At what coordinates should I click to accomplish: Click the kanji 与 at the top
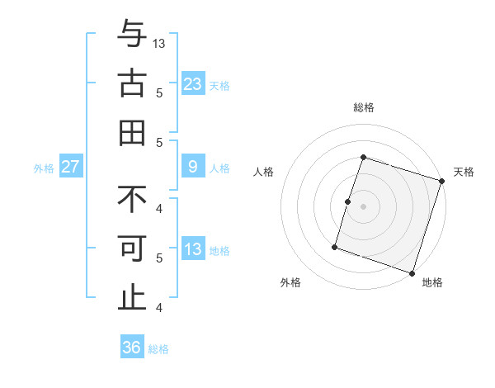(x=132, y=35)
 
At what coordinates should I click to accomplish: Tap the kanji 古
(x=132, y=83)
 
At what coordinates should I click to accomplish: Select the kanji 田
(x=132, y=132)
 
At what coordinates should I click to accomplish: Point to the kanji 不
(x=132, y=199)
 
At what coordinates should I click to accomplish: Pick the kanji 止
(x=132, y=298)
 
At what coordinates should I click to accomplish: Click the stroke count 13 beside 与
(x=160, y=43)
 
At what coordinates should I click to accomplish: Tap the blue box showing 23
(x=192, y=83)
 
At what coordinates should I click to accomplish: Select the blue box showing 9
(x=192, y=167)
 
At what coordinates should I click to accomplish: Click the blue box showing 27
(x=70, y=167)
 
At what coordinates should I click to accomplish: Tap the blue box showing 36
(x=131, y=348)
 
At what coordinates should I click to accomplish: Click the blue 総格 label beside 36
(x=158, y=349)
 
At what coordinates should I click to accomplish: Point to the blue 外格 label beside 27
(x=44, y=168)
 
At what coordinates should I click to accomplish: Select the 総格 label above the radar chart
(x=363, y=107)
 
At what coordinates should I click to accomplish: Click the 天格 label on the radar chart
(x=464, y=172)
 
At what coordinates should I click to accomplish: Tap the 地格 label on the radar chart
(x=432, y=282)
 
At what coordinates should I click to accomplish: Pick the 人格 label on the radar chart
(x=263, y=172)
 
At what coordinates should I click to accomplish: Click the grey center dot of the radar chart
(x=363, y=206)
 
